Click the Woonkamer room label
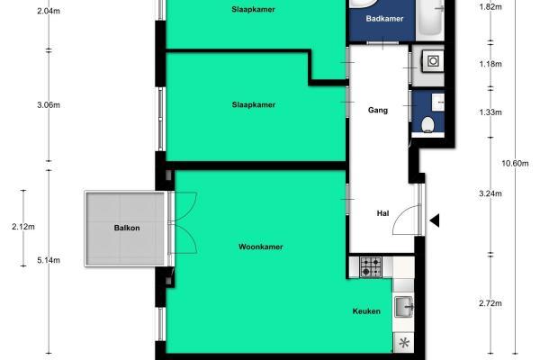click(261, 247)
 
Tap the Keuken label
click(366, 311)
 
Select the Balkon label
click(127, 228)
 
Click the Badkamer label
click(384, 19)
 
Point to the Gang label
click(378, 110)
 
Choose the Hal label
click(383, 213)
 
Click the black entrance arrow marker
click(435, 220)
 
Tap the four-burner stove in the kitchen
click(371, 267)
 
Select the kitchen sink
click(403, 307)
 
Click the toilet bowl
click(427, 125)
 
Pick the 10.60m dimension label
click(515, 163)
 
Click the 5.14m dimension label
click(49, 260)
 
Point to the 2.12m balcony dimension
click(23, 227)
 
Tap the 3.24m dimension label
click(490, 193)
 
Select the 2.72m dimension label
click(490, 303)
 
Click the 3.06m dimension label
click(49, 104)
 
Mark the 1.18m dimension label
click(490, 64)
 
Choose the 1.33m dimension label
click(490, 112)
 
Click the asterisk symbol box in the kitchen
click(403, 343)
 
